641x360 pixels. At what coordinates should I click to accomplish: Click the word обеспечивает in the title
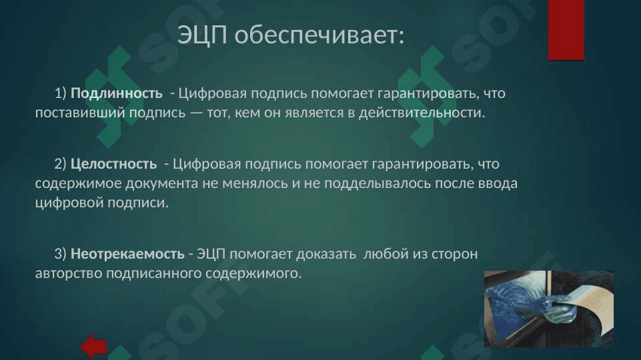pos(319,35)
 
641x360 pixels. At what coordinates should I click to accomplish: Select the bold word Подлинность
pos(117,93)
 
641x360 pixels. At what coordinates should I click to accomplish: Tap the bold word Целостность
pos(113,164)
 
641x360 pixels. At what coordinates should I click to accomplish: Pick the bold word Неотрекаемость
pos(127,254)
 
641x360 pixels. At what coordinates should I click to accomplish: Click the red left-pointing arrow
pos(93,347)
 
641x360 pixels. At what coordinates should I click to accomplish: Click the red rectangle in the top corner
pos(566,30)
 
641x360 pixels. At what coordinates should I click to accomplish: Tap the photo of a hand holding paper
pos(548,309)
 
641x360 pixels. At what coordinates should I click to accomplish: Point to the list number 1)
pos(61,93)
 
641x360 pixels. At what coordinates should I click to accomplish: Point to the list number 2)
pos(61,164)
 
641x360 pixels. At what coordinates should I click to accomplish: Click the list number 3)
pos(61,254)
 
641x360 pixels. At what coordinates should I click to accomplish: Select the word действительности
pos(422,113)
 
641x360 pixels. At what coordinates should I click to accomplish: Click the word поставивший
pos(80,113)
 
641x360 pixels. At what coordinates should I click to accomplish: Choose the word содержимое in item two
pos(78,184)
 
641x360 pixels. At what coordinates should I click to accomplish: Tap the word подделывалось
pos(378,183)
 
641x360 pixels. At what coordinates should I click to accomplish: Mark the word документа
pos(162,184)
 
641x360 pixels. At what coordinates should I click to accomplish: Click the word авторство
pos(69,273)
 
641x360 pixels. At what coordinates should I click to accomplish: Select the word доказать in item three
pos(326,255)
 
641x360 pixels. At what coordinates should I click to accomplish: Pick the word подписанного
pos(153,273)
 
